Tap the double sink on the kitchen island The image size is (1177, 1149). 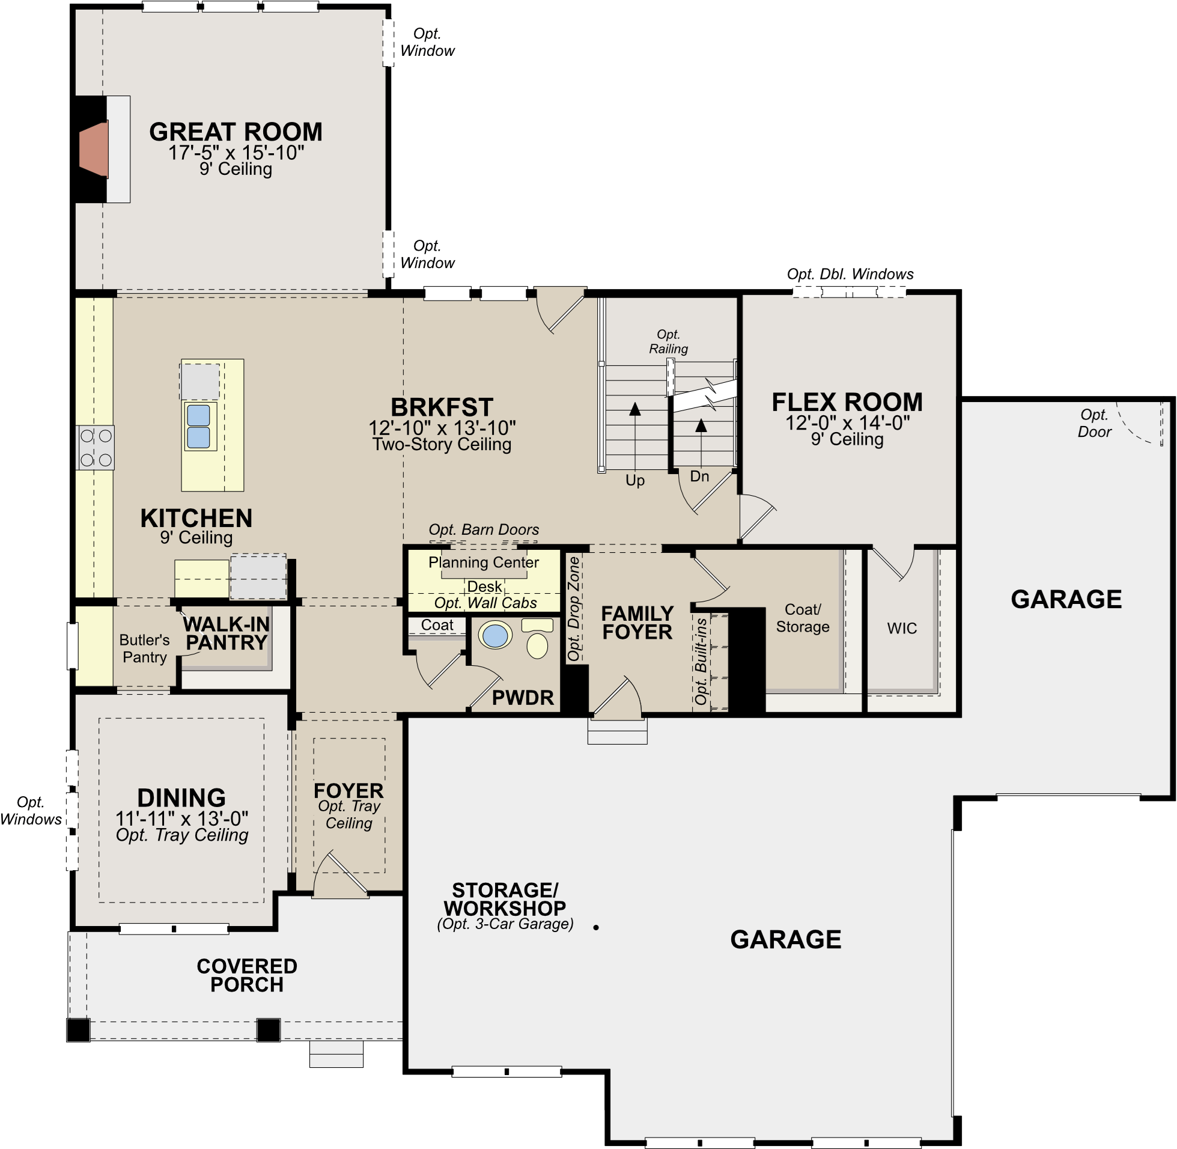(199, 426)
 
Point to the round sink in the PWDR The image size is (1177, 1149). (494, 636)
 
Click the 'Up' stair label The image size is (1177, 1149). (634, 480)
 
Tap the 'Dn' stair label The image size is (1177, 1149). (699, 476)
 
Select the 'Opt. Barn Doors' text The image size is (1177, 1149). (484, 529)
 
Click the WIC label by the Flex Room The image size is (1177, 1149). (902, 628)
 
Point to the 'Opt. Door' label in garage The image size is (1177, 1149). (1094, 423)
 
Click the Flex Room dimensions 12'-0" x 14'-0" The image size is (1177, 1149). (847, 422)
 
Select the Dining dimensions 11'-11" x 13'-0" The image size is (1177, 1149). (181, 818)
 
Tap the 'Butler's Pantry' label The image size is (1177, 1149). (144, 648)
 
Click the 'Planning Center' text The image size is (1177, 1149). (484, 562)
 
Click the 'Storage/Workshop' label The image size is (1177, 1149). (505, 899)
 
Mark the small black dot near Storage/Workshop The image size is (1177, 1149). (596, 927)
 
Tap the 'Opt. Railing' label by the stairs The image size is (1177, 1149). (668, 341)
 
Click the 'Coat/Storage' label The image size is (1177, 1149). (802, 618)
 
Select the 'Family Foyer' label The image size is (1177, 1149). (637, 622)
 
